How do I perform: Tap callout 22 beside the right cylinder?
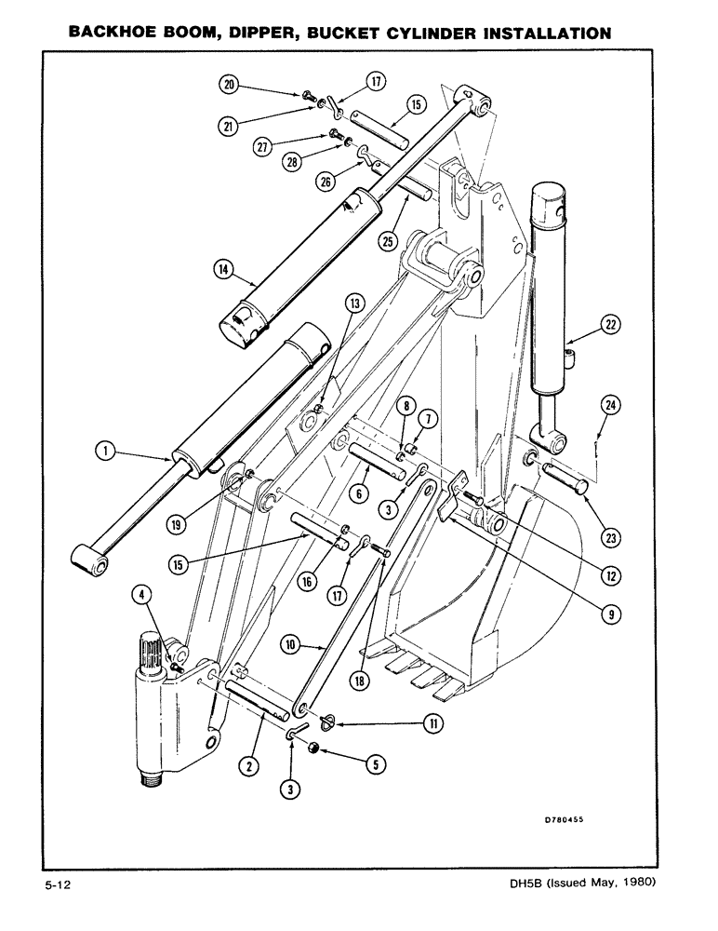[611, 325]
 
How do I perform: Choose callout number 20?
[227, 84]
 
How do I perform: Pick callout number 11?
[432, 722]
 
